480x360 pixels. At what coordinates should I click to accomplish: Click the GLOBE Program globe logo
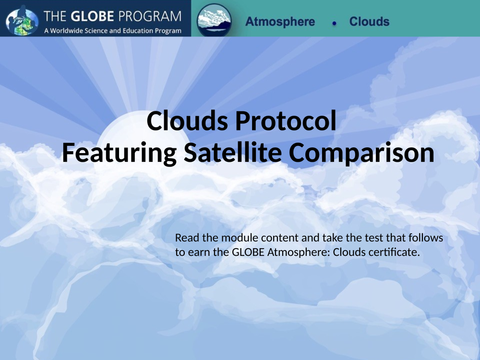point(22,20)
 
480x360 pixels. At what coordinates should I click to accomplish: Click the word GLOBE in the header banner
point(93,16)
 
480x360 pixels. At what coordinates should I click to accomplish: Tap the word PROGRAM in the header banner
point(150,16)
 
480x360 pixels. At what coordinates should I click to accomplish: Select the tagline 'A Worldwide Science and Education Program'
point(113,31)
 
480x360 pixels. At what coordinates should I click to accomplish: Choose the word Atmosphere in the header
point(280,22)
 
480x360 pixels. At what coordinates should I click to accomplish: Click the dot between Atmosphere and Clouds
point(334,23)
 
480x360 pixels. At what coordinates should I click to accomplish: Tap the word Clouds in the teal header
point(369,22)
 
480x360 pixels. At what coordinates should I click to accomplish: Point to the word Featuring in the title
point(119,153)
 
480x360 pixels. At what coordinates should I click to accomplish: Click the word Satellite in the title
point(233,153)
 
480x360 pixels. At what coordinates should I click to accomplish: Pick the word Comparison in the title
point(361,153)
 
